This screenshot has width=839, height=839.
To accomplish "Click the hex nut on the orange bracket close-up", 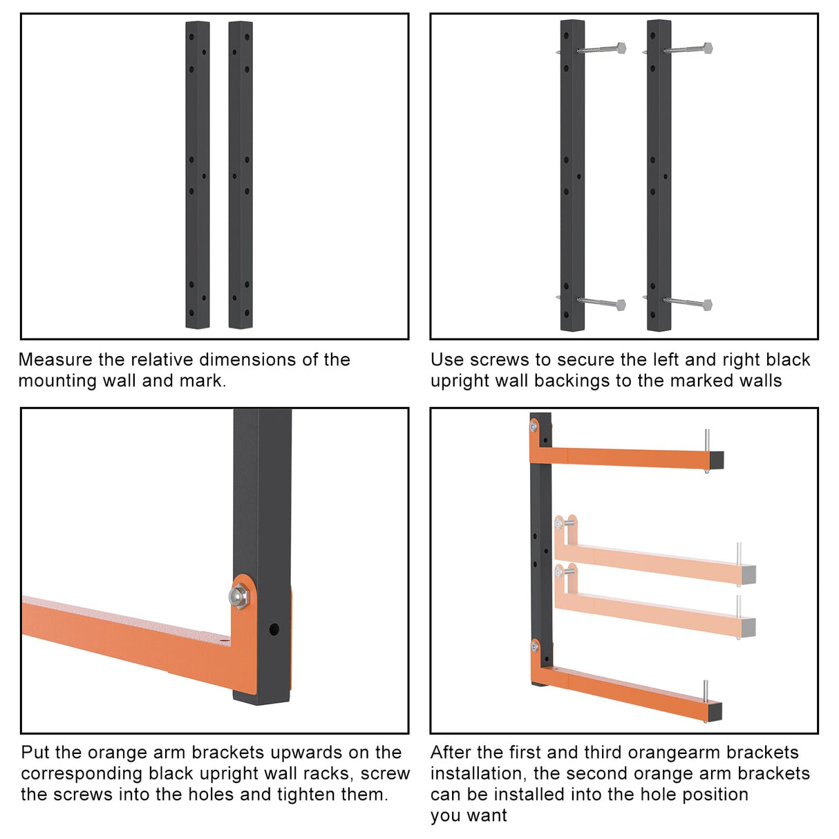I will click(x=238, y=596).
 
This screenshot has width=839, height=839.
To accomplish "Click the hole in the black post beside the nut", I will click(x=274, y=629).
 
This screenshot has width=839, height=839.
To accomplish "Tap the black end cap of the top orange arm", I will click(x=717, y=460).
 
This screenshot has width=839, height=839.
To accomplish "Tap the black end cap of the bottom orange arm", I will click(x=715, y=711).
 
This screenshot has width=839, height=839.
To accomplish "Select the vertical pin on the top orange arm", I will click(x=706, y=441).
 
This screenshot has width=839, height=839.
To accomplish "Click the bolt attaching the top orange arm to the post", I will click(x=534, y=426).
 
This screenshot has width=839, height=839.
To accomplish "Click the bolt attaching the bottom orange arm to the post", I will click(x=535, y=647).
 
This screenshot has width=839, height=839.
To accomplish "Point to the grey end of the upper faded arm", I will click(x=749, y=575).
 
